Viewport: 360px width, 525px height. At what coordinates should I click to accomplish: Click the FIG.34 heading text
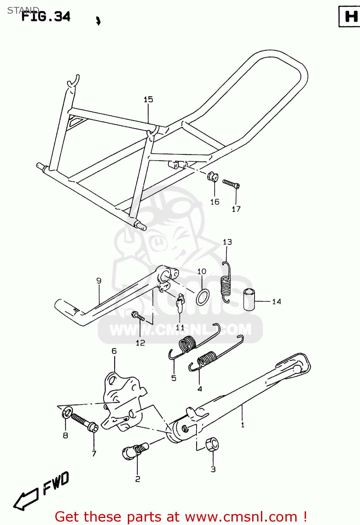pyautogui.click(x=46, y=16)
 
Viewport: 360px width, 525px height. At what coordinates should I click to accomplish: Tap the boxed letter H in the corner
pyautogui.click(x=351, y=16)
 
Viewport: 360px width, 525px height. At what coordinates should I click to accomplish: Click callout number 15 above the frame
pyautogui.click(x=148, y=99)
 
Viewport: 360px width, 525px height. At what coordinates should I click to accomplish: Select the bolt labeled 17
pyautogui.click(x=231, y=184)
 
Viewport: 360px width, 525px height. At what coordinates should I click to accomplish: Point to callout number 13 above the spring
pyautogui.click(x=227, y=242)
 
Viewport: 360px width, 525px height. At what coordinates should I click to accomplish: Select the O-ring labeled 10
pyautogui.click(x=203, y=297)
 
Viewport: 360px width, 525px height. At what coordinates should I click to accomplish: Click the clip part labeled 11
pyautogui.click(x=180, y=303)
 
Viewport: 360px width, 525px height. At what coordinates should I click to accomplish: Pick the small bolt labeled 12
pyautogui.click(x=138, y=316)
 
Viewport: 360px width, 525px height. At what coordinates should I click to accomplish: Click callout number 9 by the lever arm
pyautogui.click(x=99, y=280)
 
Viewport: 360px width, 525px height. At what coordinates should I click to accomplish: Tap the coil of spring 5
pyautogui.click(x=188, y=343)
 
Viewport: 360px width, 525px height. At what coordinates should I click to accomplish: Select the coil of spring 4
pyautogui.click(x=207, y=359)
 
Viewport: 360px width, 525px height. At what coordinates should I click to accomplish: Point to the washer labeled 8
pyautogui.click(x=67, y=413)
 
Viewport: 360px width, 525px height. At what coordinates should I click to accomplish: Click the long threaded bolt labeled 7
pyautogui.click(x=84, y=422)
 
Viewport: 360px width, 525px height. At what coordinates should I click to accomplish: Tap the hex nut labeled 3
pyautogui.click(x=212, y=444)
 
